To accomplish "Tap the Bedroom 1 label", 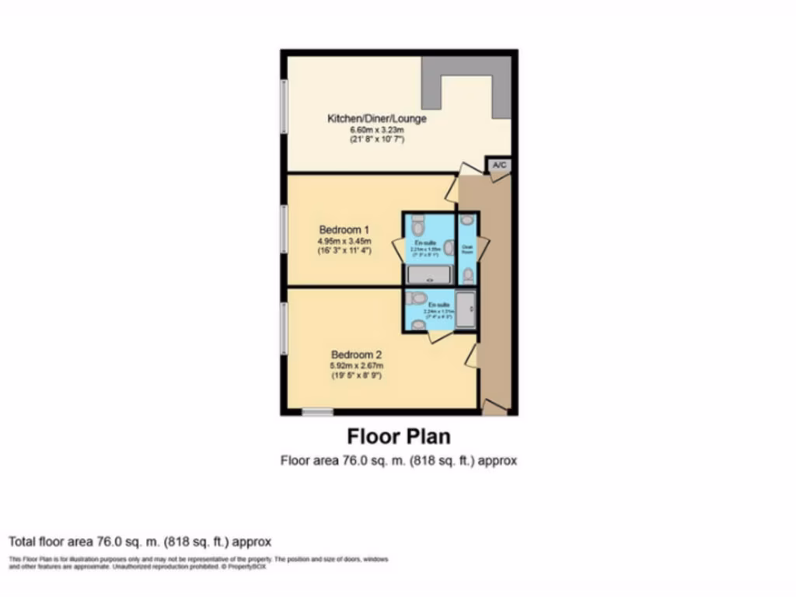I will point(344,230).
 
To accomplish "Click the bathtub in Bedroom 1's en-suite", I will point(428,274).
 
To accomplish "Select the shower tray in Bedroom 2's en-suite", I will point(466,309).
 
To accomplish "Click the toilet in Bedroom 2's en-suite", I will point(418,298).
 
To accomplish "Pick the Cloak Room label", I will point(468,250).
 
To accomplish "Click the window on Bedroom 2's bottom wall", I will point(317,412).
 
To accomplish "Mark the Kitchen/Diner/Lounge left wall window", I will point(285,108).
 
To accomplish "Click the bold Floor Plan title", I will point(398,435).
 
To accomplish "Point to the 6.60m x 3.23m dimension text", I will point(377,129).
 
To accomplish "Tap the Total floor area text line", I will point(140,541).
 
